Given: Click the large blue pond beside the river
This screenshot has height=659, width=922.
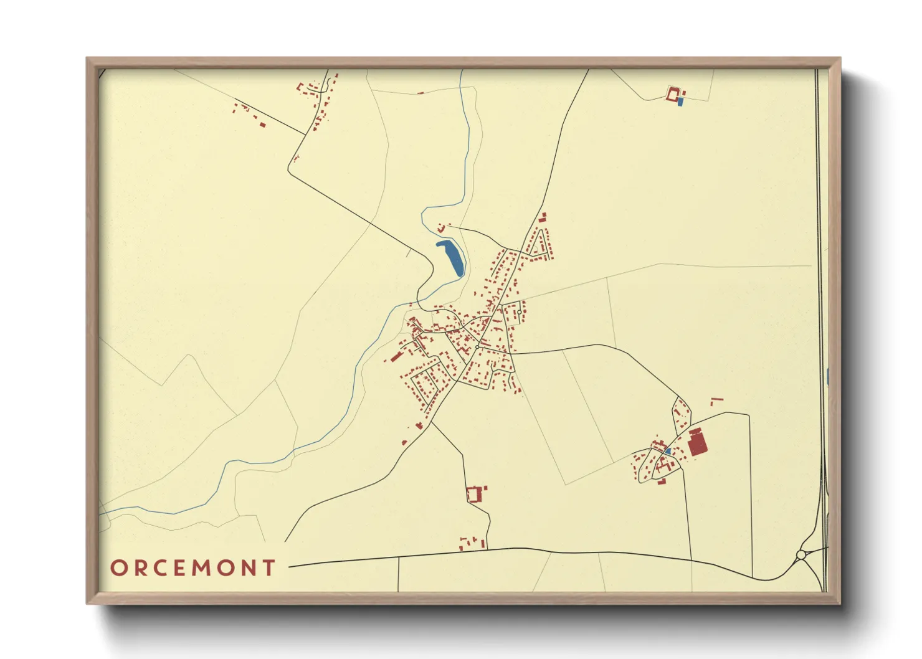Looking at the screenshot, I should (451, 257).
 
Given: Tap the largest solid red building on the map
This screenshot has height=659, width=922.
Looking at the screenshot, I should (697, 445).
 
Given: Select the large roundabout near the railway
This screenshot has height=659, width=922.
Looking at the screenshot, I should (801, 554).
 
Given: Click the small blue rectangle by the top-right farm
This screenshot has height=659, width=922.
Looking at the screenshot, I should (681, 101).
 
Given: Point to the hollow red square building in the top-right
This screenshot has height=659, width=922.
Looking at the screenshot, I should (673, 94).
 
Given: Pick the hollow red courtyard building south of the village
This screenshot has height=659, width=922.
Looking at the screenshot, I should (474, 495).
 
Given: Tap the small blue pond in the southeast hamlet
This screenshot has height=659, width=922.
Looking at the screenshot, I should (667, 451).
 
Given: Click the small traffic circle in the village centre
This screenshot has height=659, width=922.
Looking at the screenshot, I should (477, 346).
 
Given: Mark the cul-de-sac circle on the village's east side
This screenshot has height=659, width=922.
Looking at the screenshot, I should (519, 312).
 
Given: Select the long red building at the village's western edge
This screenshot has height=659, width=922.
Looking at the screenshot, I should (396, 357).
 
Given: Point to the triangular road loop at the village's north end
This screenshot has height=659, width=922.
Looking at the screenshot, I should (539, 244).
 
